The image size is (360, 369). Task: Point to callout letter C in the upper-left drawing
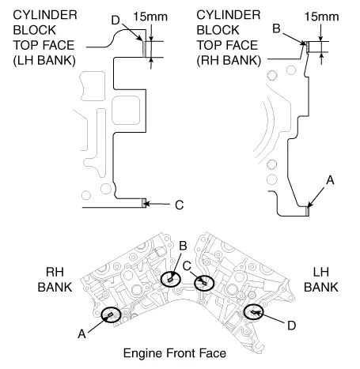click(x=179, y=205)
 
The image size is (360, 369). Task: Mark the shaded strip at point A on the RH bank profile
click(x=308, y=209)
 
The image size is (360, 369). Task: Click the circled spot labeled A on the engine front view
click(x=110, y=315)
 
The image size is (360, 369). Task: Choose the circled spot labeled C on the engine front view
click(x=204, y=282)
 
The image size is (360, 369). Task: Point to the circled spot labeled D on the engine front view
click(x=254, y=312)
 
